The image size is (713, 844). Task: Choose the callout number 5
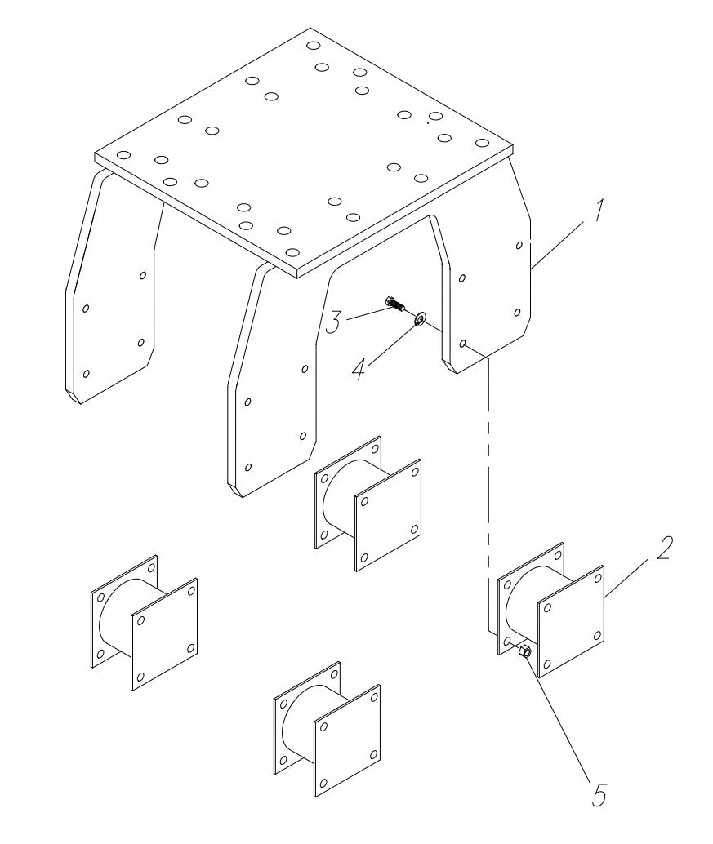point(600,794)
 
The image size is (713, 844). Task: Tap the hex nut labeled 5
point(526,651)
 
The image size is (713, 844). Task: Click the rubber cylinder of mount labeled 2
point(523,608)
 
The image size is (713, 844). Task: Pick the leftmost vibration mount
point(143,622)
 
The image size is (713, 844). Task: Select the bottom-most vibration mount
point(325,729)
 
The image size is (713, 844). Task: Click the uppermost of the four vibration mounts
point(368,502)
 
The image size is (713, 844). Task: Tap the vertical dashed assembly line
point(488,490)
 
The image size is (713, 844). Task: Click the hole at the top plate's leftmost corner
point(123,155)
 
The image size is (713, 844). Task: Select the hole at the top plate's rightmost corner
point(484,144)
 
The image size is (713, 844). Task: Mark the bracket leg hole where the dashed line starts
point(463,344)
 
